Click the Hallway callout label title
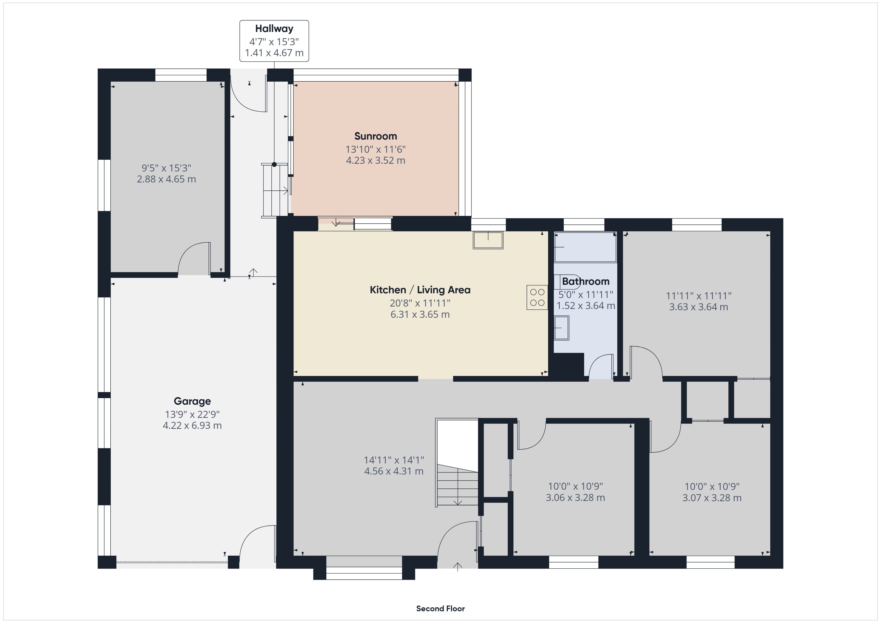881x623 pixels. tap(274, 28)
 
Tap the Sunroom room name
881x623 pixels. tap(376, 136)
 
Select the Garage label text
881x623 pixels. tap(192, 401)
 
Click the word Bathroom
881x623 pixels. tap(586, 281)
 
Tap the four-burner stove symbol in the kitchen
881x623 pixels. tap(537, 297)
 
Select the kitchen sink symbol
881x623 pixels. tap(488, 241)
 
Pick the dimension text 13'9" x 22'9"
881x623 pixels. tap(192, 414)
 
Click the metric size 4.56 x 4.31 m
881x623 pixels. tap(394, 471)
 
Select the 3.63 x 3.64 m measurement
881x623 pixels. tap(699, 307)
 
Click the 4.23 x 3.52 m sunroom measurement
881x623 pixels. tap(376, 160)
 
